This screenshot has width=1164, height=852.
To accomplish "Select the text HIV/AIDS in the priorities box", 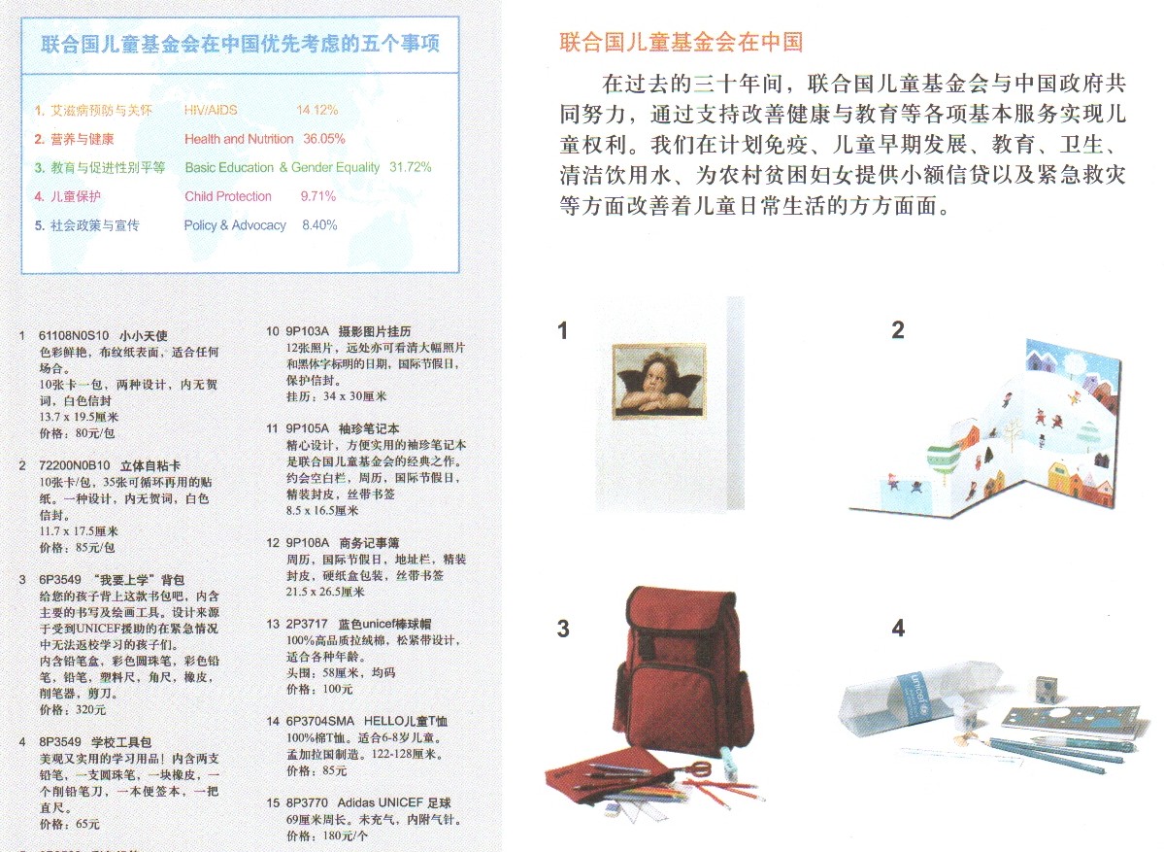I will pyautogui.click(x=211, y=110).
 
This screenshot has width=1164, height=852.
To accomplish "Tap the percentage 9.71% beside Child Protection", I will pyautogui.click(x=318, y=196).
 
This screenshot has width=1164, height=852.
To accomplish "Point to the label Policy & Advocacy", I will pyautogui.click(x=235, y=225).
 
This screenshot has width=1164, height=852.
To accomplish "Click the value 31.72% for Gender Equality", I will pyautogui.click(x=410, y=167).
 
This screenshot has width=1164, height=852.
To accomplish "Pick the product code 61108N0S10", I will pyautogui.click(x=75, y=336).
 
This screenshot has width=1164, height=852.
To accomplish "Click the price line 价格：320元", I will pyautogui.click(x=68, y=710).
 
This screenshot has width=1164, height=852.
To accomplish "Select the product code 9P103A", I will pyautogui.click(x=309, y=331).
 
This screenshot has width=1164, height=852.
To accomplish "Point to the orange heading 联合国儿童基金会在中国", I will pyautogui.click(x=682, y=42).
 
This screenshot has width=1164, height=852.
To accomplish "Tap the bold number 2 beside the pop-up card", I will pyautogui.click(x=898, y=330).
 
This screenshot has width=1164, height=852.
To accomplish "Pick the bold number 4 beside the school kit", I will pyautogui.click(x=898, y=629).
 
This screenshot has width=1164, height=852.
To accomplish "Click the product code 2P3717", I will pyautogui.click(x=307, y=624).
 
